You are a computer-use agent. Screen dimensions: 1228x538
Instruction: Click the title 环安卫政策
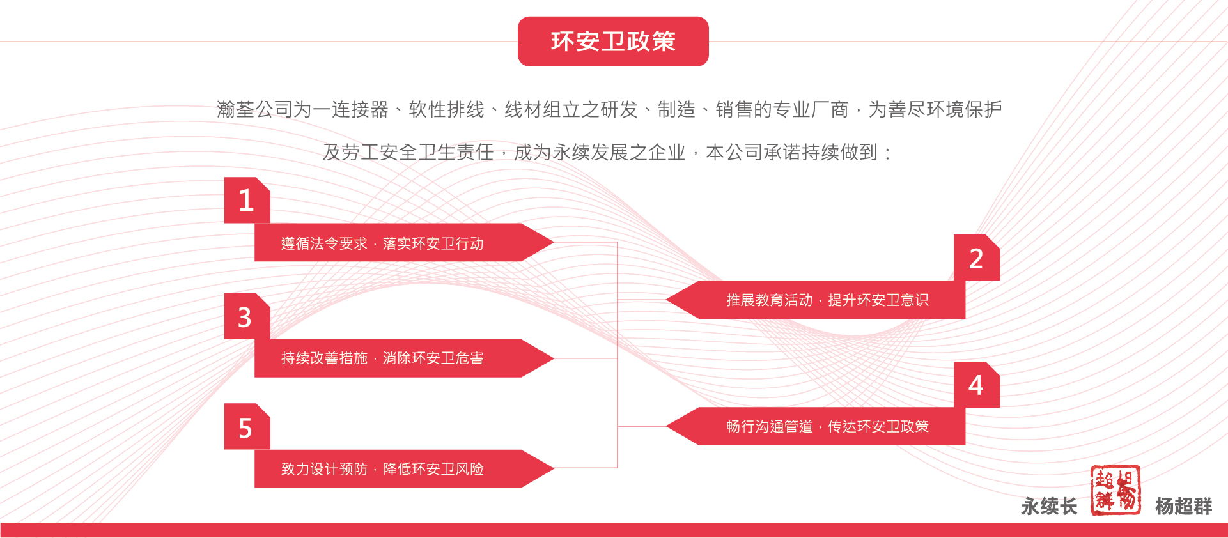point(613,42)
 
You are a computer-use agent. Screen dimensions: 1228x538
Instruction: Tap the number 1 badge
point(247,200)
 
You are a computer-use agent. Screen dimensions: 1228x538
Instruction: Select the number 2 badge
point(977,257)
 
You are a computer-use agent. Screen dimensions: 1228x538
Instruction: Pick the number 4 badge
point(977,385)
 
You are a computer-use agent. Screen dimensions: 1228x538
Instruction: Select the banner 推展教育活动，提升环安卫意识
point(816,300)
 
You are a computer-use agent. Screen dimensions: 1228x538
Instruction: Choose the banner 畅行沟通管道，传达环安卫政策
point(816,426)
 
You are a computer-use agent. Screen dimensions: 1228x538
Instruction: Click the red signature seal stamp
point(1115,490)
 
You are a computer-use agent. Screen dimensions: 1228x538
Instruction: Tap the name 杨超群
point(1183,507)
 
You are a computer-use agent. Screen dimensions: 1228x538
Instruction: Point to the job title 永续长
point(1049,507)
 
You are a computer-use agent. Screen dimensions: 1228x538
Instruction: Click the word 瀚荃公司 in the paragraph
point(255,110)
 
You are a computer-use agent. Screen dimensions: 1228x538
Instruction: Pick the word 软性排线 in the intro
point(447,110)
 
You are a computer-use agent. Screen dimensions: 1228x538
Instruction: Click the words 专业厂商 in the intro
point(811,110)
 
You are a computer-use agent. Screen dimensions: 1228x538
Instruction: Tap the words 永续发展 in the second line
point(591,153)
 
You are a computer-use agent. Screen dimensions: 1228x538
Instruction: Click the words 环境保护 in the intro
point(964,110)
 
